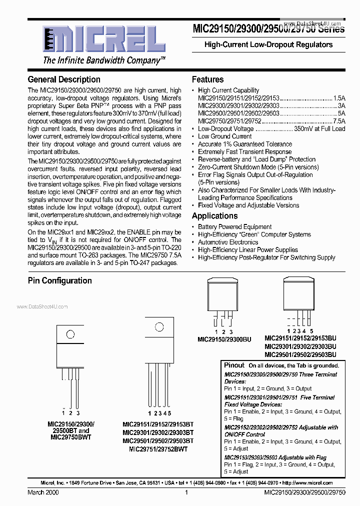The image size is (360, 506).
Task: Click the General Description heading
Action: [64, 79]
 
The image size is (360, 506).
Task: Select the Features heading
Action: [207, 79]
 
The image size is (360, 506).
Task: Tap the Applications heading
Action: [214, 216]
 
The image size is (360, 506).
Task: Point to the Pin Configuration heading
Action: [59, 280]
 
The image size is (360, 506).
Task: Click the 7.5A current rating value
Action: [339, 121]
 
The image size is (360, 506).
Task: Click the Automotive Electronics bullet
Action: [227, 242]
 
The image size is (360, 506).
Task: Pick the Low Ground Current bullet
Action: [224, 136]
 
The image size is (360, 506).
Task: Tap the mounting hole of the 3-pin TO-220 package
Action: [70, 334]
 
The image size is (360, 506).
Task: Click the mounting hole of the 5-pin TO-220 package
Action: [159, 328]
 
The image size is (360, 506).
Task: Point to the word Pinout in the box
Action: [234, 365]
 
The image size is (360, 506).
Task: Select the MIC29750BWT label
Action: [71, 437]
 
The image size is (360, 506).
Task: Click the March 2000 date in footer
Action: [43, 492]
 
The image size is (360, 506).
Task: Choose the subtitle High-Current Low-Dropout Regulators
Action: [268, 44]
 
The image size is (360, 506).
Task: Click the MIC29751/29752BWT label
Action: [158, 449]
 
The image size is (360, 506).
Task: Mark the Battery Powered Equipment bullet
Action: [234, 226]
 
